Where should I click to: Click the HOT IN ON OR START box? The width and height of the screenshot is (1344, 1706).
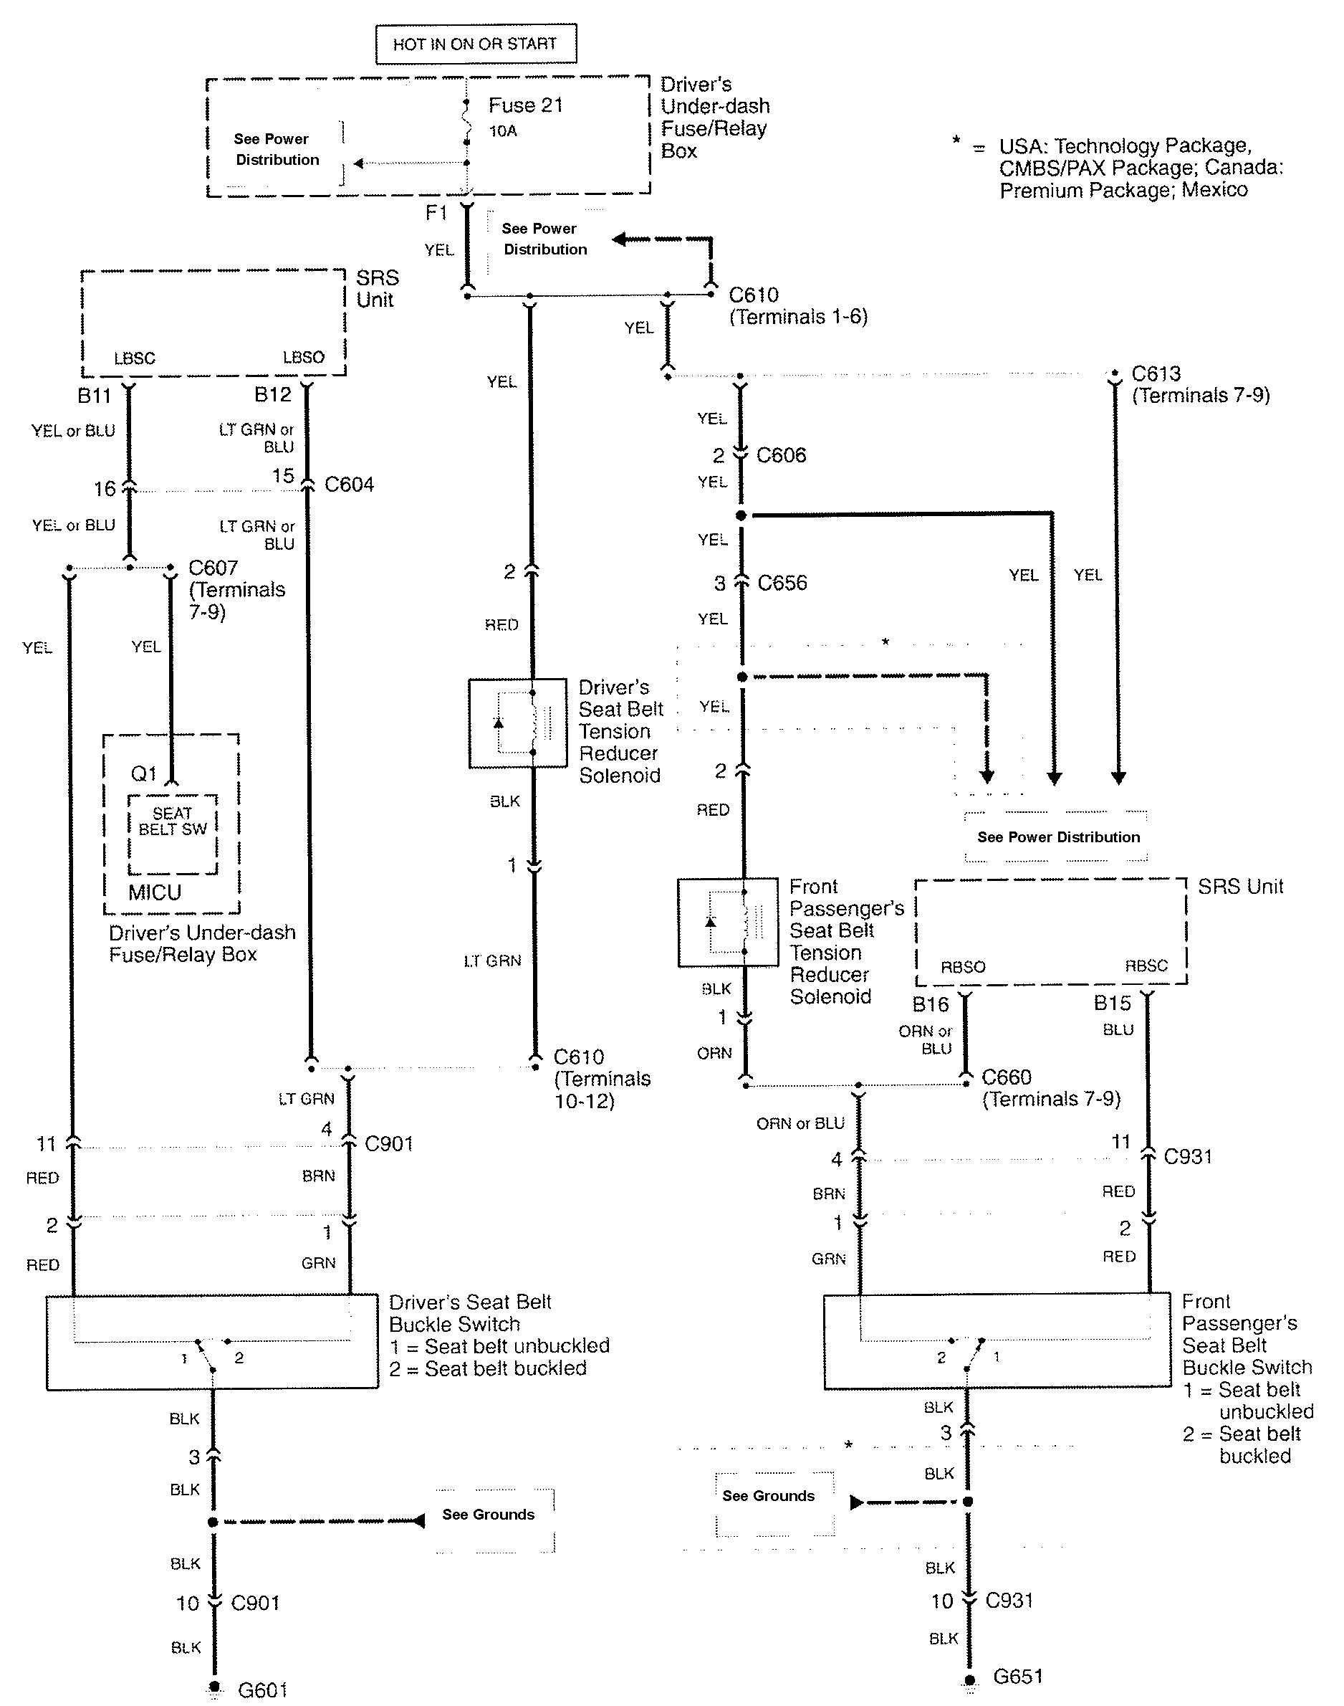click(475, 44)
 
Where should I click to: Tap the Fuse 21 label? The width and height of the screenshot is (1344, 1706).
click(525, 105)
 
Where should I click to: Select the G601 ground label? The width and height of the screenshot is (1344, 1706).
click(262, 1690)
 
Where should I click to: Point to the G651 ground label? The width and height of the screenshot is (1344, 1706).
click(1017, 1676)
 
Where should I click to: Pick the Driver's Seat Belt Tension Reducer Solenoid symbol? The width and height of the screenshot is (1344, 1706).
click(517, 723)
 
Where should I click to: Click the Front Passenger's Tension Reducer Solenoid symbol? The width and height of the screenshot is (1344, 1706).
click(728, 922)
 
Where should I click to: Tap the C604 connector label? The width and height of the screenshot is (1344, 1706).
click(349, 484)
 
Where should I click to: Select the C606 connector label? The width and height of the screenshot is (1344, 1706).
click(781, 455)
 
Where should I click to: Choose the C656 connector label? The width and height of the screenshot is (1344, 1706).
click(782, 583)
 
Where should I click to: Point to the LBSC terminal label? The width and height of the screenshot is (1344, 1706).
click(135, 358)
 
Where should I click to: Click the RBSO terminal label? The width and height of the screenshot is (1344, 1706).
click(962, 967)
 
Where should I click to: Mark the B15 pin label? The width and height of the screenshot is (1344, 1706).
click(1112, 1003)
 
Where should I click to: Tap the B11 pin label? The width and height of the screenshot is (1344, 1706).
click(94, 395)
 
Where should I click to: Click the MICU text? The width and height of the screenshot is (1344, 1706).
click(155, 892)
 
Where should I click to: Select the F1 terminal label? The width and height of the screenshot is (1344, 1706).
click(436, 213)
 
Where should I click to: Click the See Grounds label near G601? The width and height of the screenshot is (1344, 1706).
click(488, 1514)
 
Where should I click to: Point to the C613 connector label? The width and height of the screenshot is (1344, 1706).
click(1156, 373)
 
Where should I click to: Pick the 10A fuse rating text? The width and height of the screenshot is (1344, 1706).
click(503, 130)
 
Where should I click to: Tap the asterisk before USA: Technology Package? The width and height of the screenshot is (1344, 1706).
click(956, 142)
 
